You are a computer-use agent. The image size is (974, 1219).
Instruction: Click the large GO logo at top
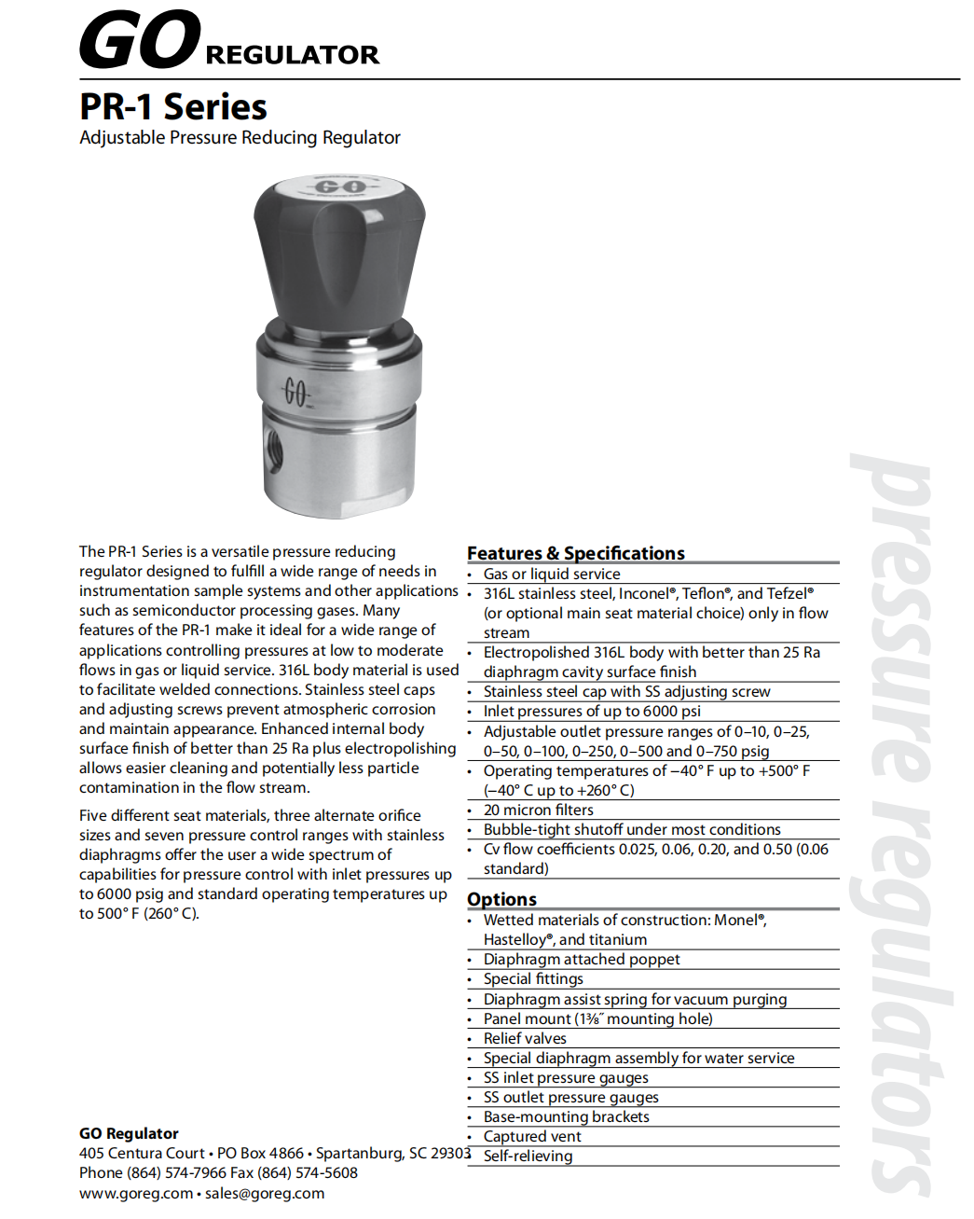(x=140, y=40)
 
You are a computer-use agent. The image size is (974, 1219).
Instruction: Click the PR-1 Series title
(x=173, y=107)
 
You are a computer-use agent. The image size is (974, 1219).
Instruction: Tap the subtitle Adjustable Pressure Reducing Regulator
(x=240, y=138)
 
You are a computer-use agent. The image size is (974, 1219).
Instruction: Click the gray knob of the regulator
(x=339, y=252)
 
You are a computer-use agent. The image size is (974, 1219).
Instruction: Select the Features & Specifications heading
(x=575, y=553)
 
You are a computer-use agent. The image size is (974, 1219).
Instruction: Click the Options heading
(x=501, y=899)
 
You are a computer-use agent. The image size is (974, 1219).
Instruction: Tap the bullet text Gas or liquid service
(x=551, y=575)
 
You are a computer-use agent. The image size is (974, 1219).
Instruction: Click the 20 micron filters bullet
(x=538, y=810)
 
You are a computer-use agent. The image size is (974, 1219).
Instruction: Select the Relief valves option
(x=525, y=1039)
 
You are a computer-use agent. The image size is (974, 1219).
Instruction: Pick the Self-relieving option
(x=528, y=1157)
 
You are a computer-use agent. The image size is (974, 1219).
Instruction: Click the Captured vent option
(x=532, y=1137)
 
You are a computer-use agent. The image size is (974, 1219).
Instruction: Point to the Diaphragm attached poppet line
(x=582, y=960)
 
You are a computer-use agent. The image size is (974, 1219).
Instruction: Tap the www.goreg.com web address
(x=136, y=1194)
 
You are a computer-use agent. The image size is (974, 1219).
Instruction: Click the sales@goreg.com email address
(x=265, y=1194)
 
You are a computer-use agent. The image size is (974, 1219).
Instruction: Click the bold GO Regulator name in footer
(x=129, y=1134)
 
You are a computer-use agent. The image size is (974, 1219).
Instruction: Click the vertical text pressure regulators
(x=899, y=821)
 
